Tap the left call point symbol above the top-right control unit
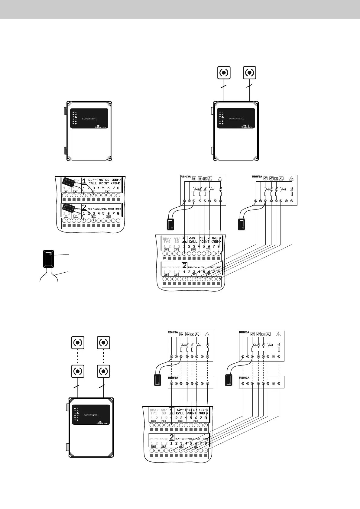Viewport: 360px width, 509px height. point(224,73)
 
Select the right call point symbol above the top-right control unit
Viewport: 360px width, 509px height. point(250,73)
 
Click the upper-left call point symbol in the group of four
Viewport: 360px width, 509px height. point(78,342)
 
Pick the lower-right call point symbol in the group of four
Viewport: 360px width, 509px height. point(103,371)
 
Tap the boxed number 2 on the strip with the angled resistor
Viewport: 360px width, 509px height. point(84,208)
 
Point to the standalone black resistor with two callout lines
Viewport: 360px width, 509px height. point(49,258)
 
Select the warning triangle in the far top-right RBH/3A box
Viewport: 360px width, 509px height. point(291,178)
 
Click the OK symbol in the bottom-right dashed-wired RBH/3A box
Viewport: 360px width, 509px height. point(263,335)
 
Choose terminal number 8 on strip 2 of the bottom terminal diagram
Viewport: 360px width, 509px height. point(206,443)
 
